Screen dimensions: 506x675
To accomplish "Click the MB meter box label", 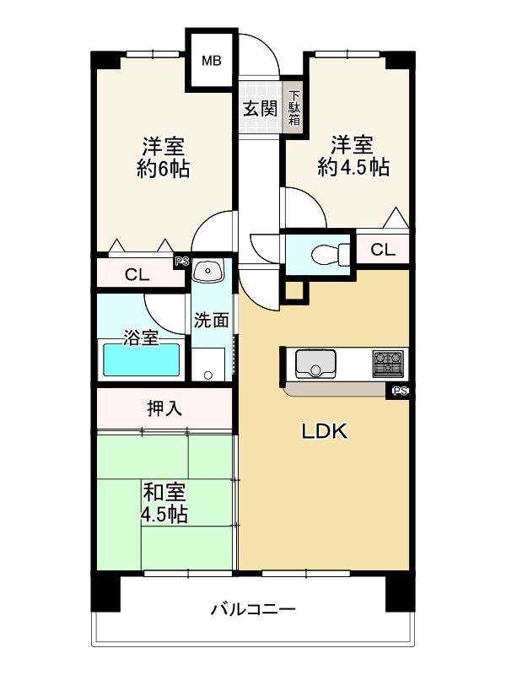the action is [212, 61].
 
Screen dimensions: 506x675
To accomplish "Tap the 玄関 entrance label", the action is [261, 109].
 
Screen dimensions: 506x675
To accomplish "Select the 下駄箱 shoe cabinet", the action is [294, 108].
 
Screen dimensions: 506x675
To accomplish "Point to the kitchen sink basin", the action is [315, 364].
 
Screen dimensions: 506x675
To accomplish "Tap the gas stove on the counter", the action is [388, 364].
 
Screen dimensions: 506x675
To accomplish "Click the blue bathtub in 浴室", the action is [141, 360].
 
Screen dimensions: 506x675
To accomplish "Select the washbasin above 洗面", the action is [207, 271].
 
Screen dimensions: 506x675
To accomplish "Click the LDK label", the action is [325, 431].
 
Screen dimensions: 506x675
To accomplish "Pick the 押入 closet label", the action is [164, 408].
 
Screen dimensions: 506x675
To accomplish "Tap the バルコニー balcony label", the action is [253, 609].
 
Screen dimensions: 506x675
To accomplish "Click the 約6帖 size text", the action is [163, 170].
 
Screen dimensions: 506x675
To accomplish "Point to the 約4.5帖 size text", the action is [353, 167].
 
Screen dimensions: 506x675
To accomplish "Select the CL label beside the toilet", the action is [383, 250].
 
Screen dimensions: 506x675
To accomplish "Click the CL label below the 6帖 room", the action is [137, 274].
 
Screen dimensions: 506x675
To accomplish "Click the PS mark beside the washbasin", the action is [182, 262].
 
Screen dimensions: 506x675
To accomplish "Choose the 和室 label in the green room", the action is [164, 493].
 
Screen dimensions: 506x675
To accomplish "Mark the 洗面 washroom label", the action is [211, 321].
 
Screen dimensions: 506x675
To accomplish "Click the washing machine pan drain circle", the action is [208, 375].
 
